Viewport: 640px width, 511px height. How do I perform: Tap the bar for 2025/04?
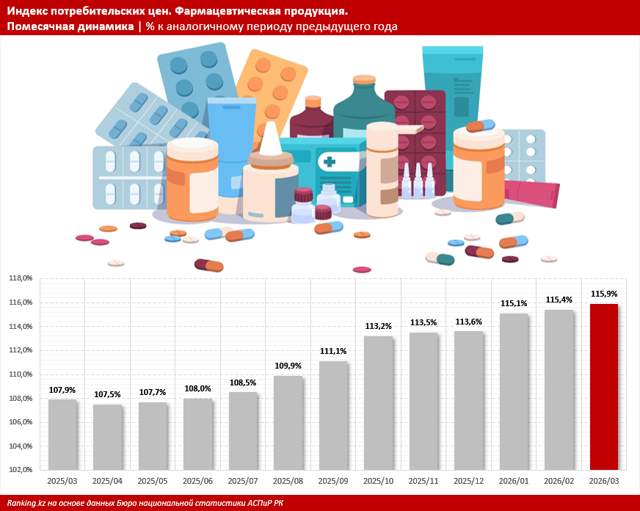(x=107, y=437)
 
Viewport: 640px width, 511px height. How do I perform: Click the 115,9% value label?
(x=604, y=294)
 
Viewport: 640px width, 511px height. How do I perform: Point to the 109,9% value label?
(x=288, y=366)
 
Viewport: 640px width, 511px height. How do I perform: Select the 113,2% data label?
(x=378, y=326)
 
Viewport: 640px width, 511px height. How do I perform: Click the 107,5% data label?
(x=107, y=394)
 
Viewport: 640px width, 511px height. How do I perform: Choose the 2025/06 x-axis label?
(x=197, y=482)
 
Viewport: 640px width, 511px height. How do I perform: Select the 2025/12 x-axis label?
(x=468, y=482)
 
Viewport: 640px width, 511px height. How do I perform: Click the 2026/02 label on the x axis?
(x=559, y=482)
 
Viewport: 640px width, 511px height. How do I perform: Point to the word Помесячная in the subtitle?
(x=39, y=26)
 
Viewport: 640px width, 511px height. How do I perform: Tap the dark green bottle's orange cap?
(x=364, y=79)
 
